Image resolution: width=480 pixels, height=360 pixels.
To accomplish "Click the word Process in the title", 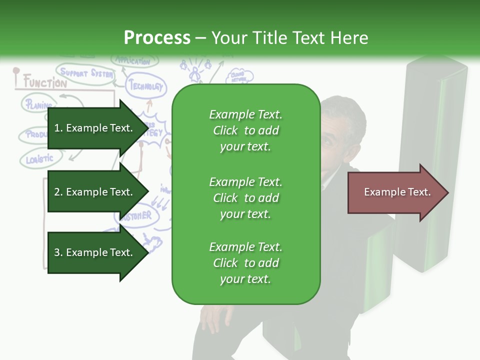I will [x=157, y=38].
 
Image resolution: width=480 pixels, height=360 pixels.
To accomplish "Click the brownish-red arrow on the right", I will [x=397, y=192].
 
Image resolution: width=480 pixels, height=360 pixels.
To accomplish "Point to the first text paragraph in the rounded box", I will [x=245, y=130].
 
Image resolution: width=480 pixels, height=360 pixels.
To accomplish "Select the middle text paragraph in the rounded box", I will [x=245, y=198].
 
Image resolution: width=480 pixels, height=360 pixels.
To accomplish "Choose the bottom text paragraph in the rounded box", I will [x=245, y=263].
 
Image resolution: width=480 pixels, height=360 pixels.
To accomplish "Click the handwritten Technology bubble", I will [x=146, y=86].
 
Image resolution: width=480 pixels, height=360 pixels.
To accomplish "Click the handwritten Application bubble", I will [x=133, y=61].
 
